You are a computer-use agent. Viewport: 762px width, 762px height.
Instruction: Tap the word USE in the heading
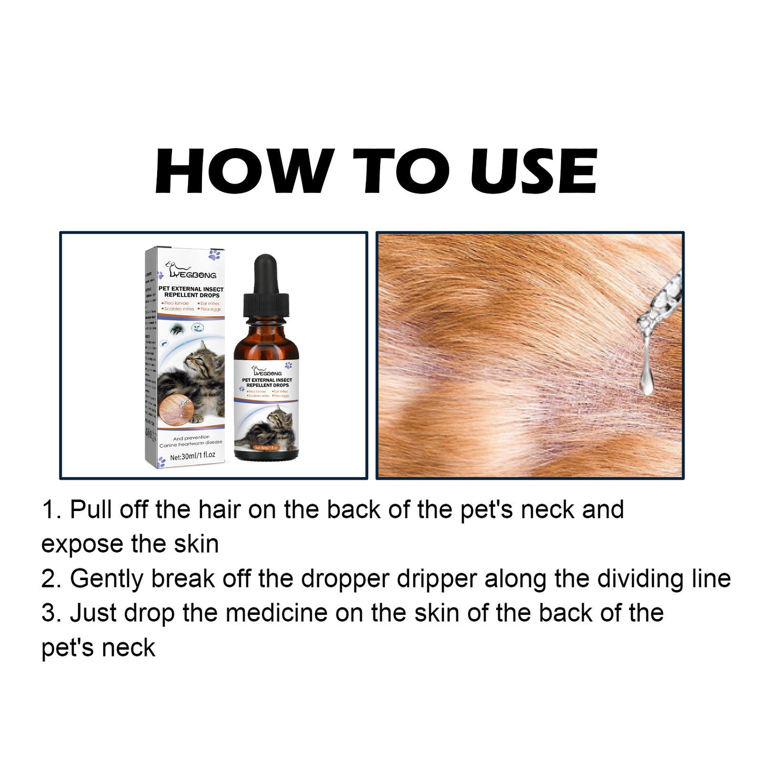click(x=533, y=171)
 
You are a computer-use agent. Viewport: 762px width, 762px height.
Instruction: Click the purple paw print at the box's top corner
click(x=214, y=255)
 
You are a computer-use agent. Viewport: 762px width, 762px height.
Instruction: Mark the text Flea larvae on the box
click(x=177, y=303)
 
